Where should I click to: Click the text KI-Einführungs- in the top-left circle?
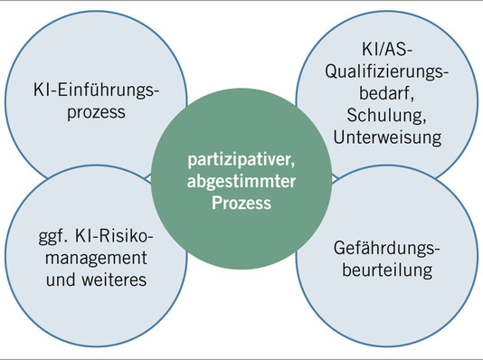(89, 91)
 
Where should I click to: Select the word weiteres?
(117, 281)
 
